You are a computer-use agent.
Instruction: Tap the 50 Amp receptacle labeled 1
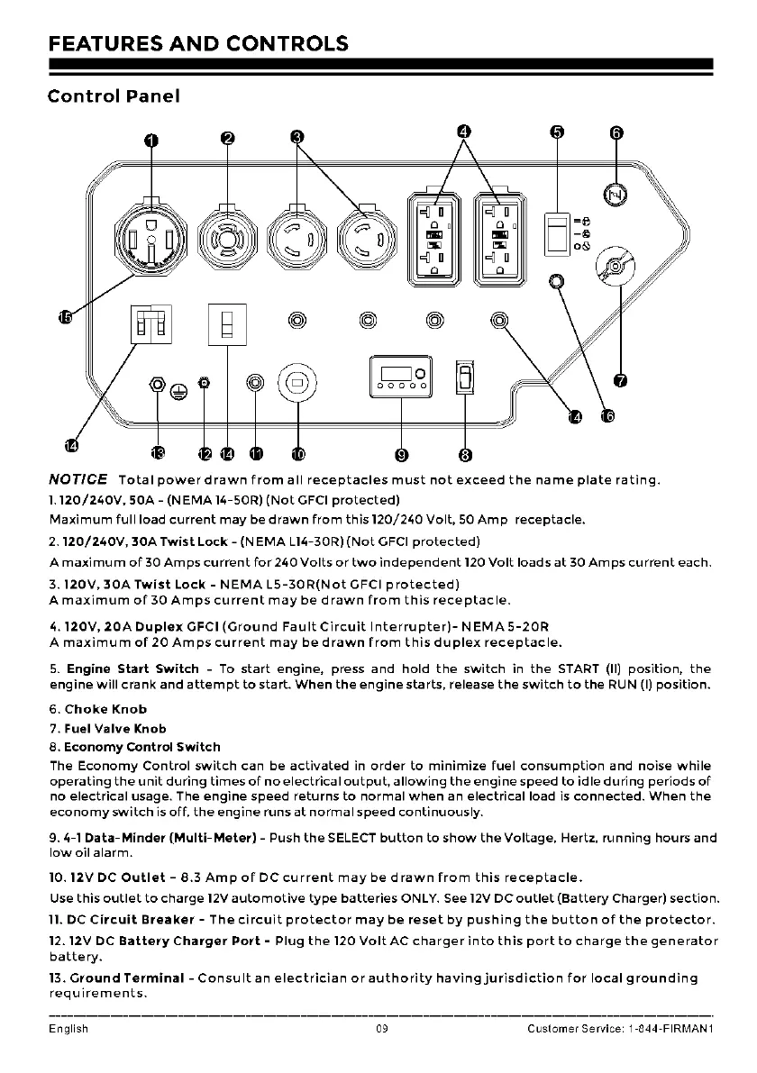(151, 238)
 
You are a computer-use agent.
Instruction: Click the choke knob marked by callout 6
(616, 193)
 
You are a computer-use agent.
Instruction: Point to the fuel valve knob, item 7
(615, 268)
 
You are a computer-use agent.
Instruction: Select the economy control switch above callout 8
(464, 377)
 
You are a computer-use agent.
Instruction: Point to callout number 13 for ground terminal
(159, 452)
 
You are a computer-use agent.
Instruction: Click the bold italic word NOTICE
(78, 478)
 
